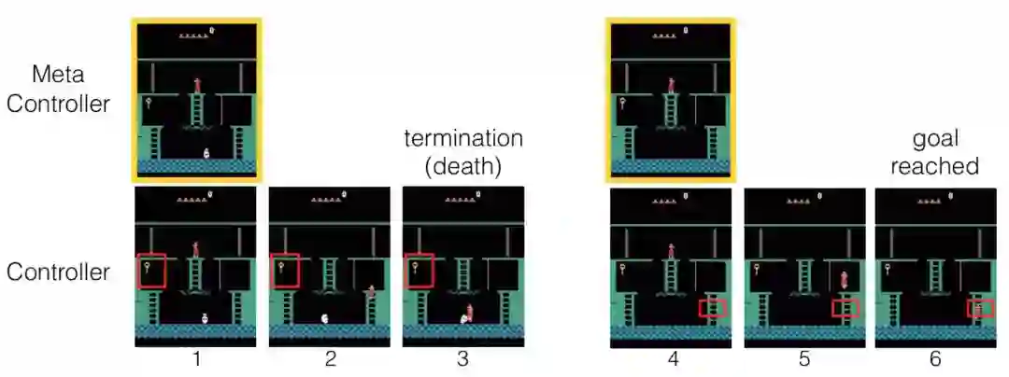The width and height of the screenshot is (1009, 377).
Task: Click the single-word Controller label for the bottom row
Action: (57, 272)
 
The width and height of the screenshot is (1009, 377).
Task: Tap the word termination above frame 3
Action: (463, 139)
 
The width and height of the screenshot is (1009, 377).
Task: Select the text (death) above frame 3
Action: (463, 167)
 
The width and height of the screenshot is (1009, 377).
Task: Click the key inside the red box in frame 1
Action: (149, 270)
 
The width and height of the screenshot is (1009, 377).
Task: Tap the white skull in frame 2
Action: (324, 318)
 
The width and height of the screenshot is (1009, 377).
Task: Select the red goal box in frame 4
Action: (712, 308)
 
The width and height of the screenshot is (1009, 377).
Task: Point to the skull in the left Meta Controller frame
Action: (206, 153)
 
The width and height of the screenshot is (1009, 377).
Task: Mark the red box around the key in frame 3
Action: (419, 270)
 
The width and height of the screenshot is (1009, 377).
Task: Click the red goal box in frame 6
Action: (980, 308)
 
